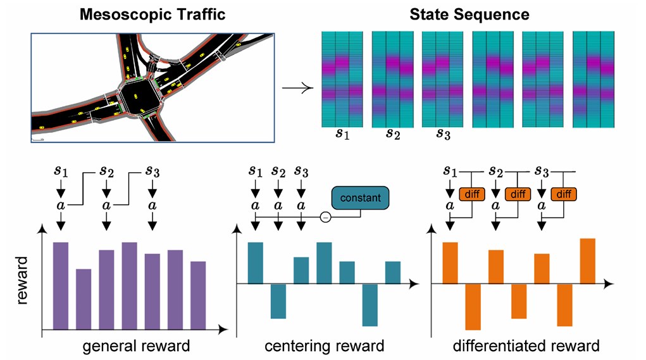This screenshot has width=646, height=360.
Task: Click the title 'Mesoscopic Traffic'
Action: pos(152,15)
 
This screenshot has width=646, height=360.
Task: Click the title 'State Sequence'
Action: pos(469,15)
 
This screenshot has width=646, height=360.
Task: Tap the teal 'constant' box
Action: pos(361,197)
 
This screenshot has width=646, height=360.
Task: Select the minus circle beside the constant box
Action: pos(325,217)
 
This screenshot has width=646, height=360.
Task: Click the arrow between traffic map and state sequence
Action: pos(297,88)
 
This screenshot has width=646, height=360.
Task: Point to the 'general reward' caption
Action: pos(137,345)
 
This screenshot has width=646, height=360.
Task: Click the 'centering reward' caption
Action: pos(324,345)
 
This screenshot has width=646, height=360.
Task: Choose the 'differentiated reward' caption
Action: pos(526,345)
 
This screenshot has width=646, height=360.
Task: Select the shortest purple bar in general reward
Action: pos(84,299)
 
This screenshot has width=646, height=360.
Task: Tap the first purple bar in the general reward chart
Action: pos(61,286)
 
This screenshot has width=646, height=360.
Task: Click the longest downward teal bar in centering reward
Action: pos(370,305)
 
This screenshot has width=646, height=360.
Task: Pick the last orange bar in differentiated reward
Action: pos(588,261)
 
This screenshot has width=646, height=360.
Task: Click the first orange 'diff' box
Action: pos(472,194)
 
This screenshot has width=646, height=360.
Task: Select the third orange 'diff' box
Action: pos(564,194)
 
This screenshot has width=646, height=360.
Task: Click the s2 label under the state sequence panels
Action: pos(393,134)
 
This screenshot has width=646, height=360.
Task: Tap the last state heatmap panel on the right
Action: pos(593,80)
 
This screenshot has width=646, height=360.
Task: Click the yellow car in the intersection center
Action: pos(135,96)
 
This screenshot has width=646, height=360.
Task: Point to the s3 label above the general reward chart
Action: pos(152,171)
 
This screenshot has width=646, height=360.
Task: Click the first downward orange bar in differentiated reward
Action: pos(473,307)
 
